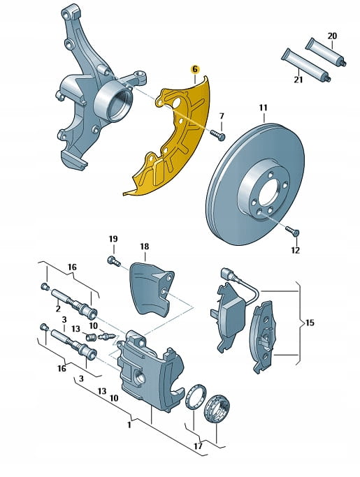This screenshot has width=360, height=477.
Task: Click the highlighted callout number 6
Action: click(x=194, y=70)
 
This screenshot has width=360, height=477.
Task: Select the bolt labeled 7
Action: click(x=218, y=135)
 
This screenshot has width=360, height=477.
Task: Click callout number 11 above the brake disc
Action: click(x=264, y=108)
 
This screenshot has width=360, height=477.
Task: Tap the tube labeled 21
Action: click(x=305, y=65)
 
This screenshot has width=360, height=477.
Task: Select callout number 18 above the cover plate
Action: click(x=145, y=247)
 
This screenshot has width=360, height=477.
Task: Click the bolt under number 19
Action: click(x=114, y=261)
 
